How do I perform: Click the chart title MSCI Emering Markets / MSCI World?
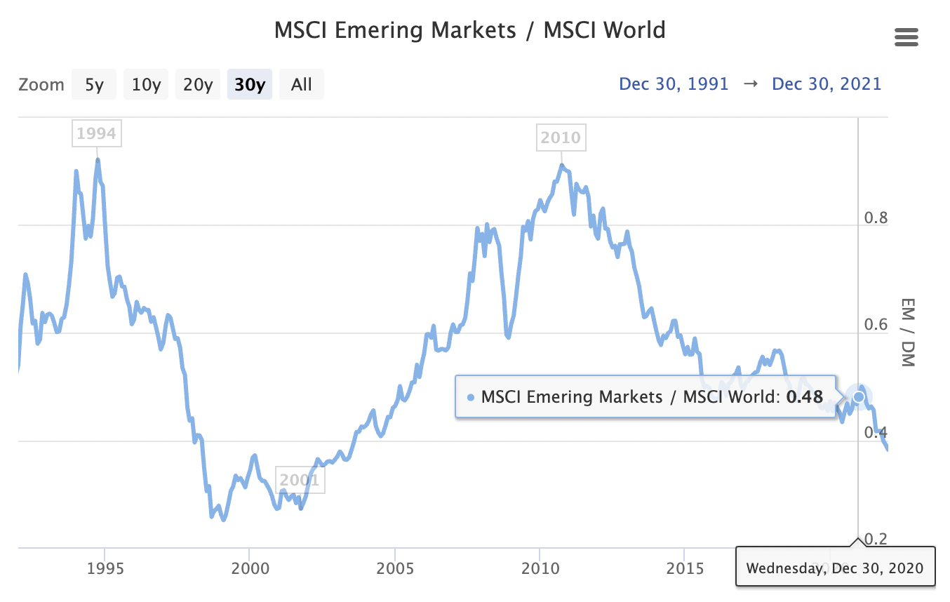[x=469, y=31]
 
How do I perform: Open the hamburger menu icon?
[x=906, y=37]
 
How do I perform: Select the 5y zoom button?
[x=94, y=85]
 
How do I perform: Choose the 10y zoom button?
[x=146, y=85]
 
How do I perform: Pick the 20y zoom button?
[x=198, y=85]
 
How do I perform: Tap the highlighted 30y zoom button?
[x=249, y=85]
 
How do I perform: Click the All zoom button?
[x=302, y=85]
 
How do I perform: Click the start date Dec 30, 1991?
[x=674, y=84]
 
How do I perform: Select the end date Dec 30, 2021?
[x=827, y=84]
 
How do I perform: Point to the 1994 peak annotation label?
[x=96, y=133]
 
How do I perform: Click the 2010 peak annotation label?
[x=561, y=138]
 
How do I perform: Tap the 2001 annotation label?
[x=300, y=481]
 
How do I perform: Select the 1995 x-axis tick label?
[x=105, y=567]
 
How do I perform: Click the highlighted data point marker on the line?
[x=858, y=397]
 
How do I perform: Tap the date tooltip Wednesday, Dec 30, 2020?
[x=835, y=567]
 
